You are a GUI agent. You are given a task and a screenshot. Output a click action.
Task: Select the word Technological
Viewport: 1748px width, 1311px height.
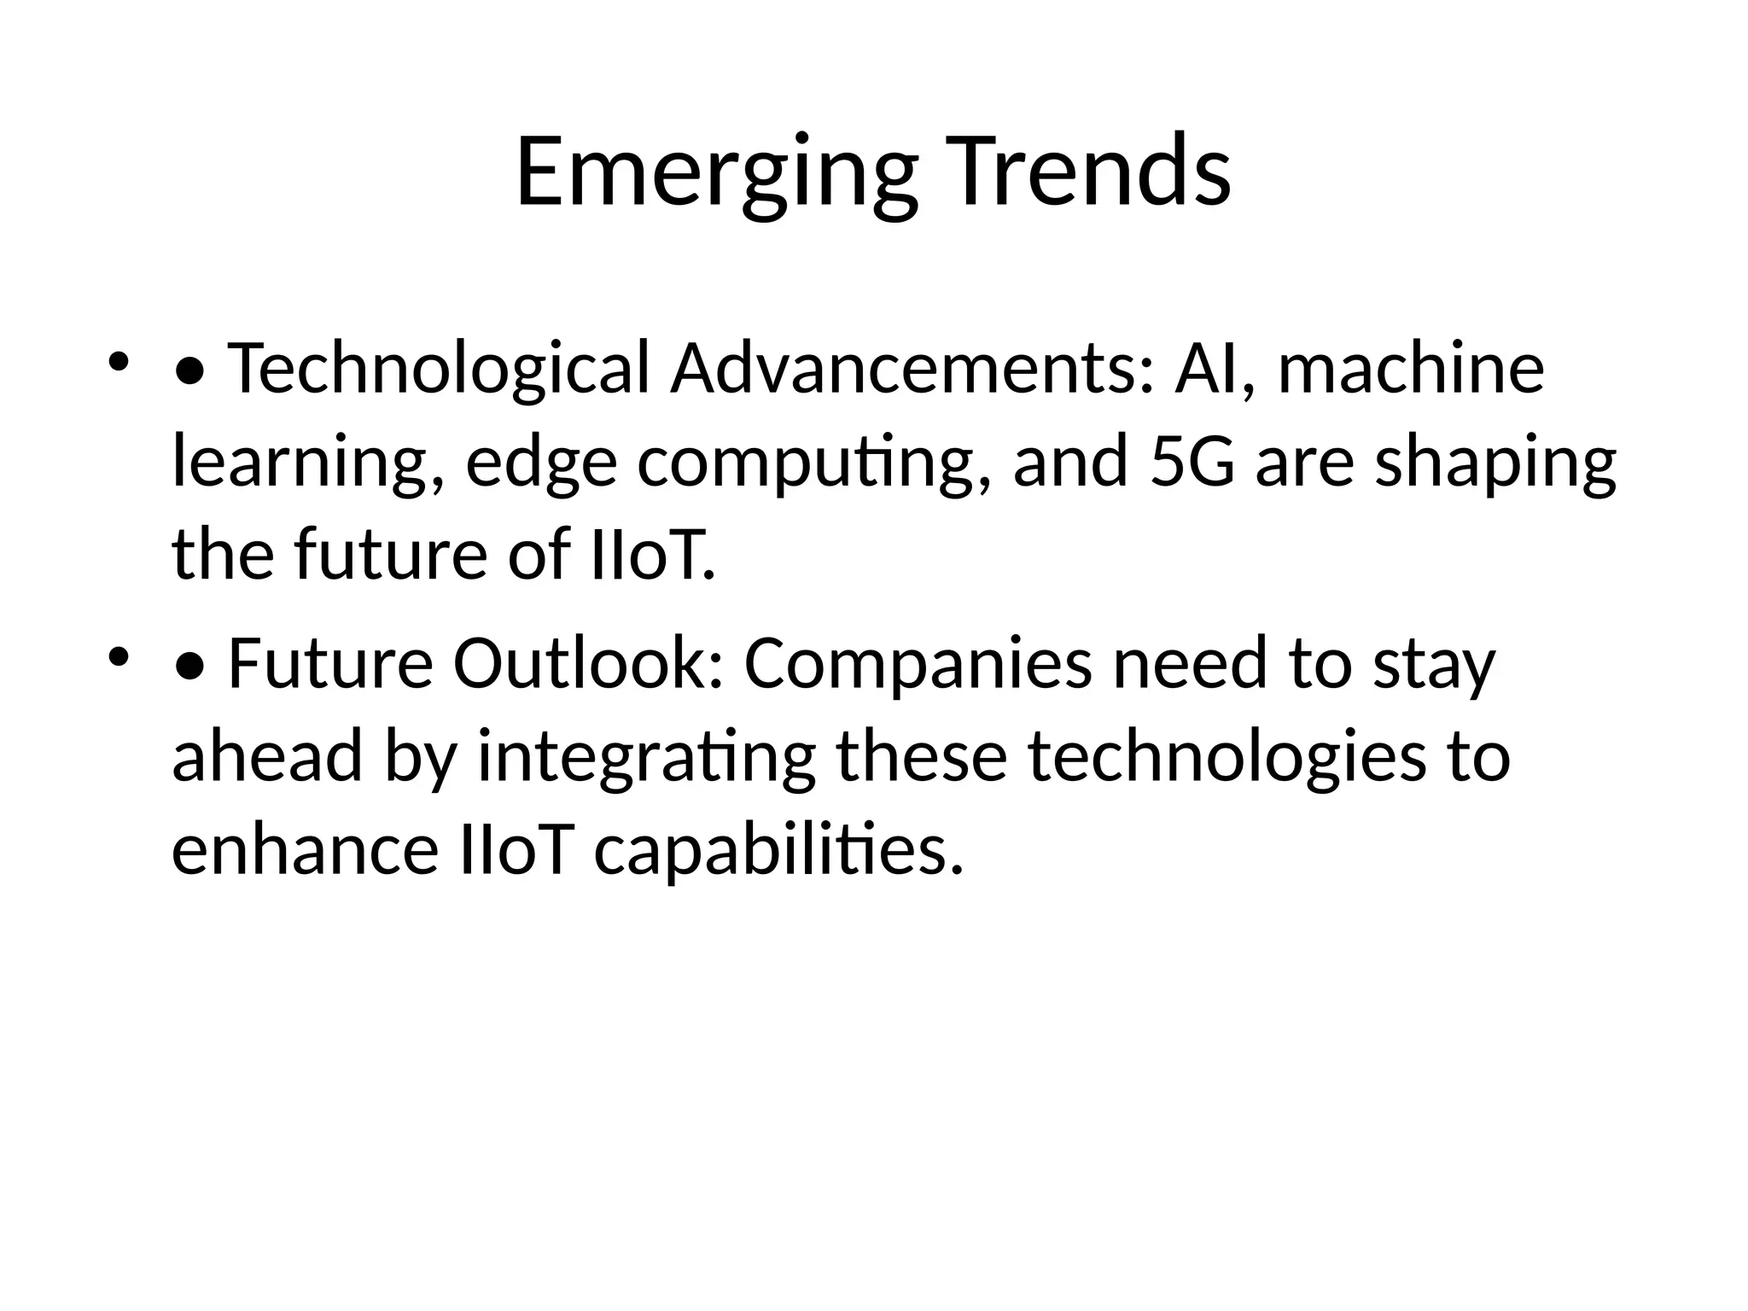click(440, 369)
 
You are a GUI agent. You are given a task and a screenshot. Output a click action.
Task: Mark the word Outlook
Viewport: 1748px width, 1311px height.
click(589, 664)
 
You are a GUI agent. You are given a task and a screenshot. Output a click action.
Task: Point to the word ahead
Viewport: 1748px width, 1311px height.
click(267, 756)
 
